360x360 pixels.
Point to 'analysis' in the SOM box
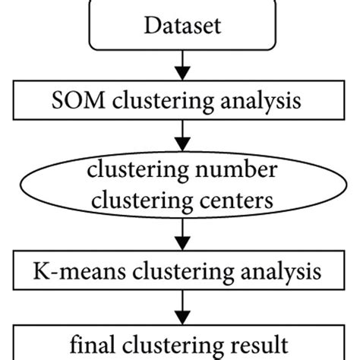(x=245, y=100)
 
